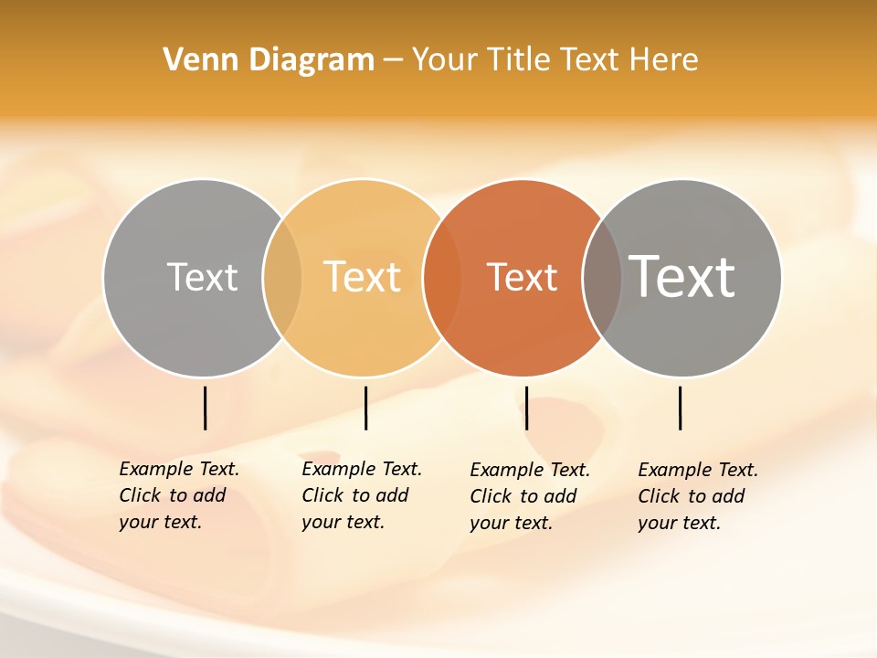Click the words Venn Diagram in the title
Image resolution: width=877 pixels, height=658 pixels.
coord(269,60)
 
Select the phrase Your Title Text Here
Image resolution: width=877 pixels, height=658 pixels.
coord(555,60)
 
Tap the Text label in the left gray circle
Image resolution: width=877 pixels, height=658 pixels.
coord(202,277)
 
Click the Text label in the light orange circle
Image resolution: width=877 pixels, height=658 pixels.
coord(363,277)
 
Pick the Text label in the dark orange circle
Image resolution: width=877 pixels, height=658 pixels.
coord(522,278)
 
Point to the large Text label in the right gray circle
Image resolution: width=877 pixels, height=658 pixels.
coord(682,276)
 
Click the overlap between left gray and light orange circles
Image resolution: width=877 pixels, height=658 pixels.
coord(282,278)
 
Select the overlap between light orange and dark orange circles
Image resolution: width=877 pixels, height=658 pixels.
coord(442,278)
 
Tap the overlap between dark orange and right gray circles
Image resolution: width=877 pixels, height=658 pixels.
coord(602,278)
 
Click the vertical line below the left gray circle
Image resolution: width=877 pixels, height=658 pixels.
coord(206,408)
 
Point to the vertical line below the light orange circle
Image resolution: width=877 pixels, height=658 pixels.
coord(365,408)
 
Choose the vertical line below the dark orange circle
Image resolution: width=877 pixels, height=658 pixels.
coord(526,408)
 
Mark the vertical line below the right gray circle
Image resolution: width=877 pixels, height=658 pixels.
coord(680,408)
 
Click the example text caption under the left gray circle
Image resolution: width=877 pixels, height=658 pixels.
coord(179,495)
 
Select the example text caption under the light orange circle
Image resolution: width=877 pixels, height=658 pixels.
coord(362,495)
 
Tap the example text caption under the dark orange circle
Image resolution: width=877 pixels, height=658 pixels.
coord(530,496)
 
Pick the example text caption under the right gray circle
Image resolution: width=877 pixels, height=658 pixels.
coord(698,496)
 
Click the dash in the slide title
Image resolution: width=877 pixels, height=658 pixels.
coord(393,61)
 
